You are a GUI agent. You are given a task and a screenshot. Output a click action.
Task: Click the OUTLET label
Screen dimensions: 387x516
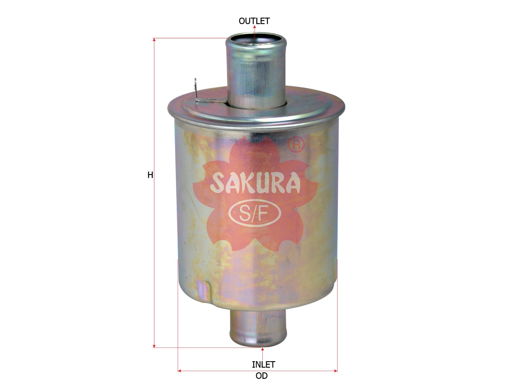tap(254, 21)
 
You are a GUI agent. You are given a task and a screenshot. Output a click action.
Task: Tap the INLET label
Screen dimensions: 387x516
tap(263, 365)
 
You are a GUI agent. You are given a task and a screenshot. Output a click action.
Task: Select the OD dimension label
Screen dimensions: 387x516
tap(261, 376)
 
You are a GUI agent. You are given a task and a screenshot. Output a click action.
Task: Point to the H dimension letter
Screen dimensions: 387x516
tap(150, 175)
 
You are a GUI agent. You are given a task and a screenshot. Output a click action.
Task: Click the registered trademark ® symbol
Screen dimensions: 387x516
tap(296, 144)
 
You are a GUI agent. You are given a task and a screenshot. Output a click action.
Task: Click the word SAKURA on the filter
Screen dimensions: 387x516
tap(255, 184)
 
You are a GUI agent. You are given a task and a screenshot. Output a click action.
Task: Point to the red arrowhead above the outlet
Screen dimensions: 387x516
tap(255, 27)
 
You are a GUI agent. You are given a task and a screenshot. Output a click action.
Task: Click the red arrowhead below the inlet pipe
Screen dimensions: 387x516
tap(263, 349)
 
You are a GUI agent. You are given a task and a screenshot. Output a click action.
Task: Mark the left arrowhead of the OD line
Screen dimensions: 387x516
tap(180, 370)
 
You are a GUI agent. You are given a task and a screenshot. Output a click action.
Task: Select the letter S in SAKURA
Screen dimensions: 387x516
tap(217, 184)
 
